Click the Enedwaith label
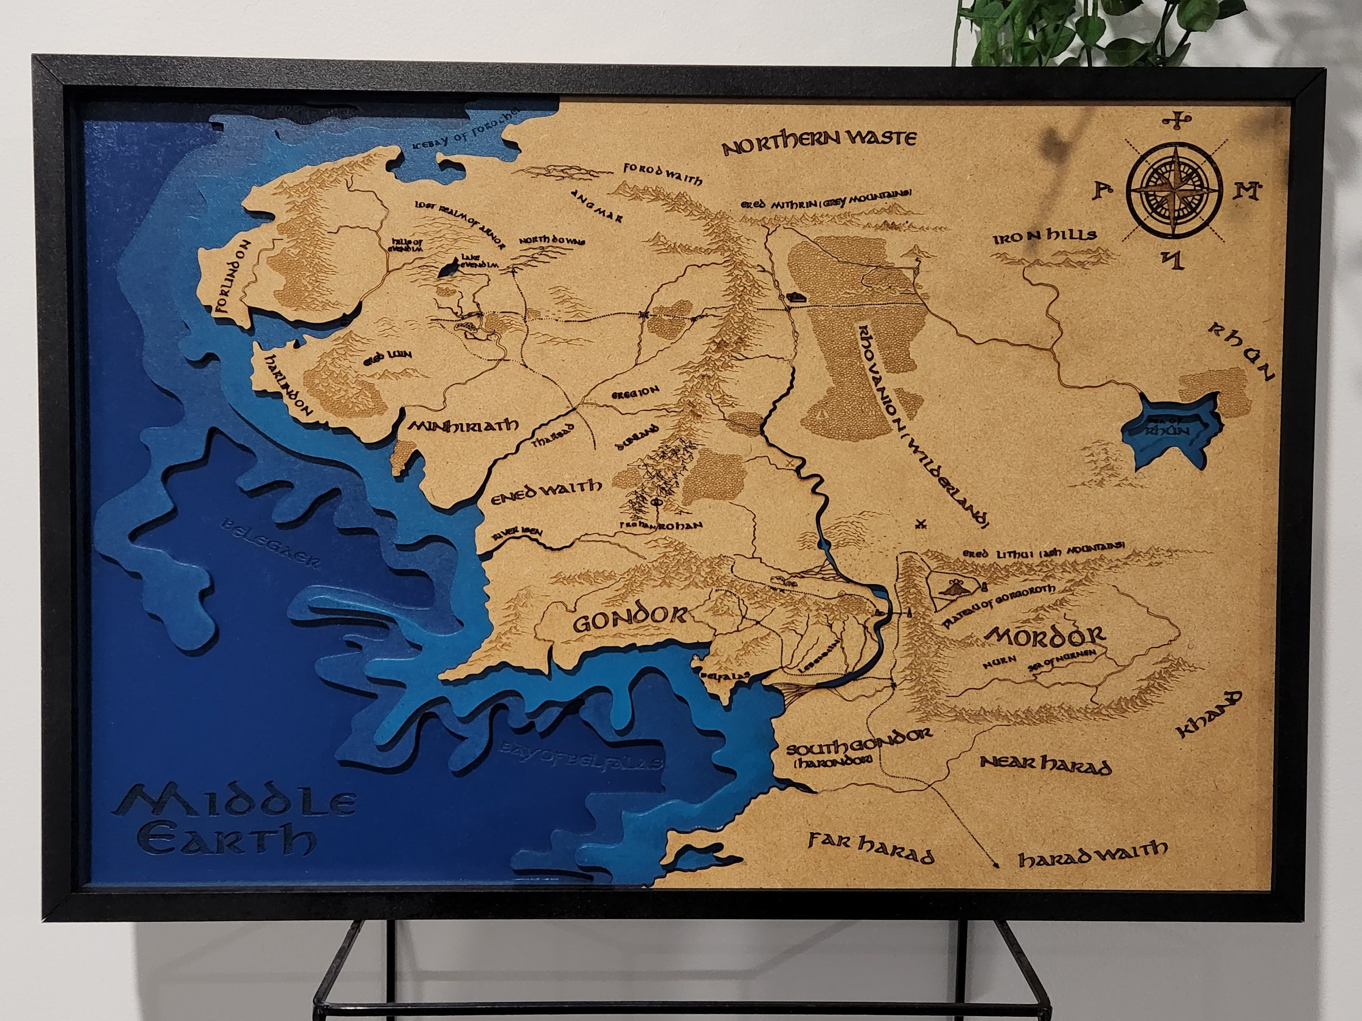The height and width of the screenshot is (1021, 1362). click(x=546, y=489)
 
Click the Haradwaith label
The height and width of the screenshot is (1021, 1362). click(x=1092, y=853)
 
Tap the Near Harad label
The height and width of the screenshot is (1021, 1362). click(x=1046, y=765)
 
